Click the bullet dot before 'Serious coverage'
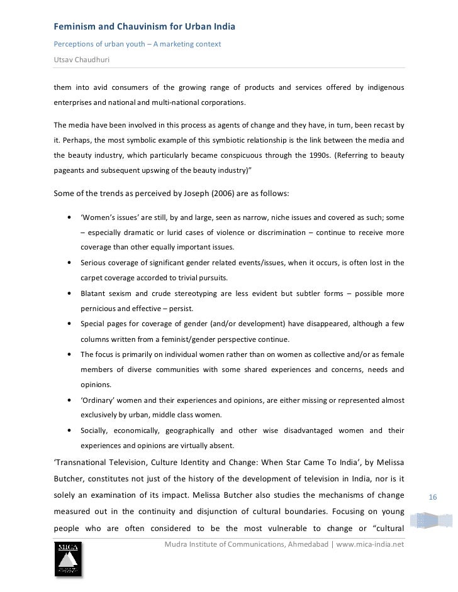68,263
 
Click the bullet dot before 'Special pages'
68,324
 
